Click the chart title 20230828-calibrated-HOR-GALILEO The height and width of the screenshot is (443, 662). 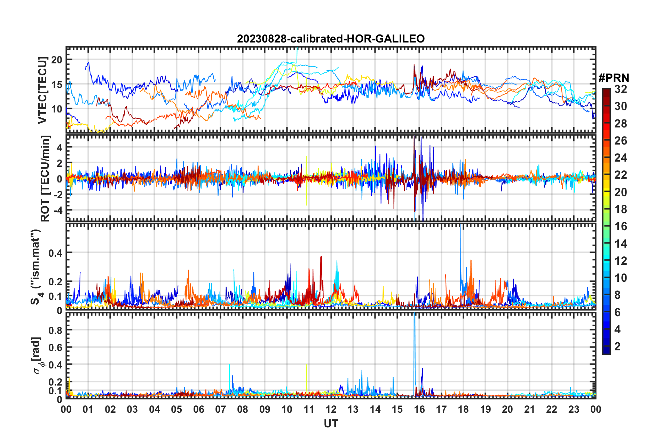pyautogui.click(x=331, y=39)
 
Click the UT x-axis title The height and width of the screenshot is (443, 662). pyautogui.click(x=331, y=423)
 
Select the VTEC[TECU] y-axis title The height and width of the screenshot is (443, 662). pyautogui.click(x=42, y=90)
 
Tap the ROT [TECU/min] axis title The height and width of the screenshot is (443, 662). pyautogui.click(x=45, y=179)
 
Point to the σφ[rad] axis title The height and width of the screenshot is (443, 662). pyautogui.click(x=38, y=355)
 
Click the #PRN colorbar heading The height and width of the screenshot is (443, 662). pyautogui.click(x=614, y=78)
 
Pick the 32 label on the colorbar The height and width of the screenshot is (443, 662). pyautogui.click(x=621, y=89)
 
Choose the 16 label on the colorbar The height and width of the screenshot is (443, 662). pyautogui.click(x=621, y=226)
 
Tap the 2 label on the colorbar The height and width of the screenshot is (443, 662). pyautogui.click(x=617, y=346)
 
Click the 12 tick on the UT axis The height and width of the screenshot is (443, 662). pyautogui.click(x=331, y=409)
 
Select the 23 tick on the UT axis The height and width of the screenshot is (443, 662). pyautogui.click(x=574, y=409)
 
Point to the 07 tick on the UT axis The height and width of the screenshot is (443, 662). pyautogui.click(x=221, y=409)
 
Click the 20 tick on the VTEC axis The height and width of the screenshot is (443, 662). pyautogui.click(x=56, y=60)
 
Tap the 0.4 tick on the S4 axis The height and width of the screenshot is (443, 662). pyautogui.click(x=55, y=253)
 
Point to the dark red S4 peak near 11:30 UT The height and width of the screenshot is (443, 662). pyautogui.click(x=321, y=258)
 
